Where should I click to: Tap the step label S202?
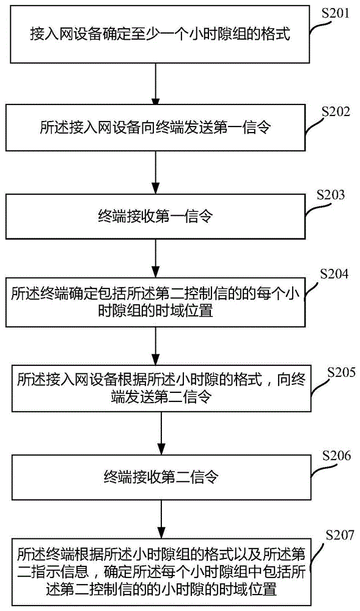click(334, 112)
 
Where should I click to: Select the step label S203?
click(331, 196)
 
